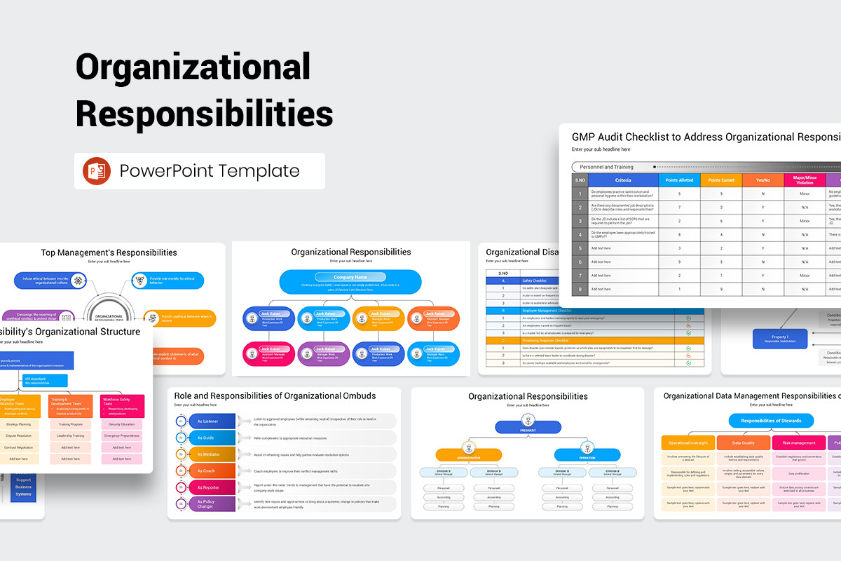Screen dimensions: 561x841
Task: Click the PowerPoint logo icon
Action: (97, 171)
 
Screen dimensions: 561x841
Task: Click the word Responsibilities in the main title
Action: (204, 112)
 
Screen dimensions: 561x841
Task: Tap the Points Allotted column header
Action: (679, 180)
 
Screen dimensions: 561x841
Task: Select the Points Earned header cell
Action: (721, 180)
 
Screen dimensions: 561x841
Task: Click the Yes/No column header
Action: (763, 180)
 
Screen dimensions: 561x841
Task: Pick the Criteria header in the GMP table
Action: (623, 180)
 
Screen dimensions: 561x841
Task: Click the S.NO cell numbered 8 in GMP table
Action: (580, 288)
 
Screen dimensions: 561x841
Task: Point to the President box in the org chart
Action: (528, 426)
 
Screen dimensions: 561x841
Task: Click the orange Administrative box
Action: (468, 454)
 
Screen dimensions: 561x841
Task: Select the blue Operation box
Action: (587, 454)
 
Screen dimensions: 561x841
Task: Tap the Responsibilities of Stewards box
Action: (771, 421)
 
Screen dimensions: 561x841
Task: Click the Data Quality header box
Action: (743, 442)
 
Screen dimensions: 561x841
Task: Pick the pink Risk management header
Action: (798, 442)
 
